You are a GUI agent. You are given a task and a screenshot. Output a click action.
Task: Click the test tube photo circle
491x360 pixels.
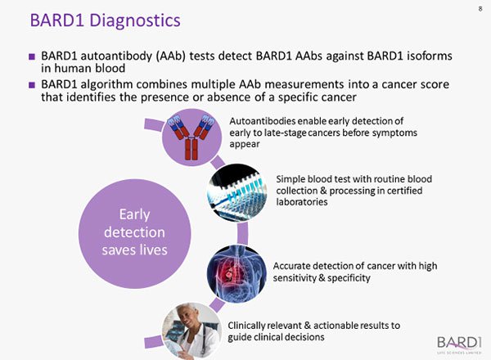pyautogui.click(x=238, y=191)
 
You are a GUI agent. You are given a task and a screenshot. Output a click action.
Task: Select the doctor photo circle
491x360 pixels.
pyautogui.click(x=190, y=325)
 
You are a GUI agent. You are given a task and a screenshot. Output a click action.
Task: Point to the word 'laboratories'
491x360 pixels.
pyautogui.click(x=300, y=201)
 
